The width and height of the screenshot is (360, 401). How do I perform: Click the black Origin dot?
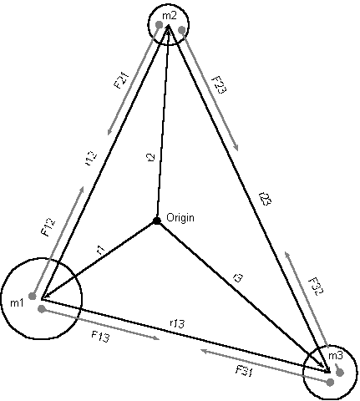[x=157, y=221]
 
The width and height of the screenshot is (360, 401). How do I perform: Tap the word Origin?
[x=180, y=217]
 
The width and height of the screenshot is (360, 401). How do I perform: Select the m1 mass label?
[x=17, y=302]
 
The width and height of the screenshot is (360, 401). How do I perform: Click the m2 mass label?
[x=170, y=16]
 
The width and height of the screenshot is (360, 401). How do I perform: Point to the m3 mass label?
[x=336, y=355]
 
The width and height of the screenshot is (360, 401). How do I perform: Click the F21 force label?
[x=122, y=80]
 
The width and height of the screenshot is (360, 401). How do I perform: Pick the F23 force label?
[x=220, y=85]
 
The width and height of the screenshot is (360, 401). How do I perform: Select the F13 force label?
[x=100, y=337]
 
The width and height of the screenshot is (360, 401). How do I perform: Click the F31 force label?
[x=244, y=371]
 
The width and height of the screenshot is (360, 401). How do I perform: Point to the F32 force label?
[x=317, y=287]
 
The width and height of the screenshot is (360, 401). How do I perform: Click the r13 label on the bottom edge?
[x=177, y=323]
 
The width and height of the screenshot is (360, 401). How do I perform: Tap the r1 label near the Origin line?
[x=100, y=250]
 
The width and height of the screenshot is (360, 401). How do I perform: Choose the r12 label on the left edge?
[x=91, y=159]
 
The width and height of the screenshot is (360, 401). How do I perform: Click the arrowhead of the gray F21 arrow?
[x=109, y=133]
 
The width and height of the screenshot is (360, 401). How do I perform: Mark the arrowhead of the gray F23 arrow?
[x=236, y=148]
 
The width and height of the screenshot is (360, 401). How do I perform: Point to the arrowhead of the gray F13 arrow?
[x=157, y=338]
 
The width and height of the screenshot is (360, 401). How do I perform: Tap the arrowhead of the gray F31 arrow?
[x=204, y=351]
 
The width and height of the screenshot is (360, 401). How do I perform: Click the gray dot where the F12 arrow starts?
[x=33, y=296]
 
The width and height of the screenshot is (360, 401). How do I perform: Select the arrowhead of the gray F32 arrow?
[x=286, y=254]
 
